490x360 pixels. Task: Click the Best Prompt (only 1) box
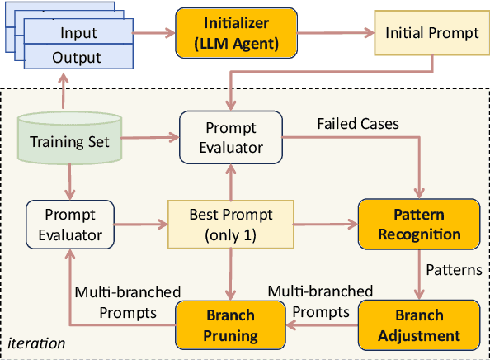231,224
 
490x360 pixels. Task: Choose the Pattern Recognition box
418,224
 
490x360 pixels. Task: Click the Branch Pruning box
231,324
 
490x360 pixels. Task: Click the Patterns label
453,270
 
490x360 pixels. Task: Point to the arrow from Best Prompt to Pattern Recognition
327,224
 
